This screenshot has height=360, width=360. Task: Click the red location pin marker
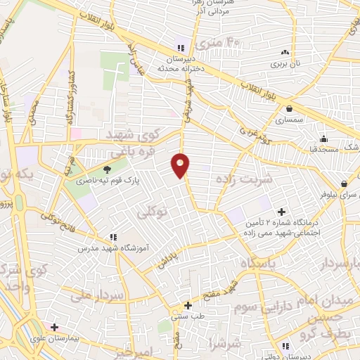[x=181, y=165]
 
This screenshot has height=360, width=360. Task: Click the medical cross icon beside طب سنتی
[x=188, y=305]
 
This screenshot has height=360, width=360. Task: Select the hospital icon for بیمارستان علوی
[x=54, y=327]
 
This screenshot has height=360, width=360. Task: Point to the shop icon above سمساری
[x=290, y=108]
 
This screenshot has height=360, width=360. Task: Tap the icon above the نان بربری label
[x=285, y=52]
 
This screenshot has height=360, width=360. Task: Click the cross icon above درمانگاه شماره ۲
[x=281, y=210]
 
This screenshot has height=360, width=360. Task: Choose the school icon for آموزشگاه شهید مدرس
[x=111, y=238]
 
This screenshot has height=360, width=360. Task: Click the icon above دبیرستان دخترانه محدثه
[x=181, y=49]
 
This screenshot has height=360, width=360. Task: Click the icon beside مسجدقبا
[x=323, y=137]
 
